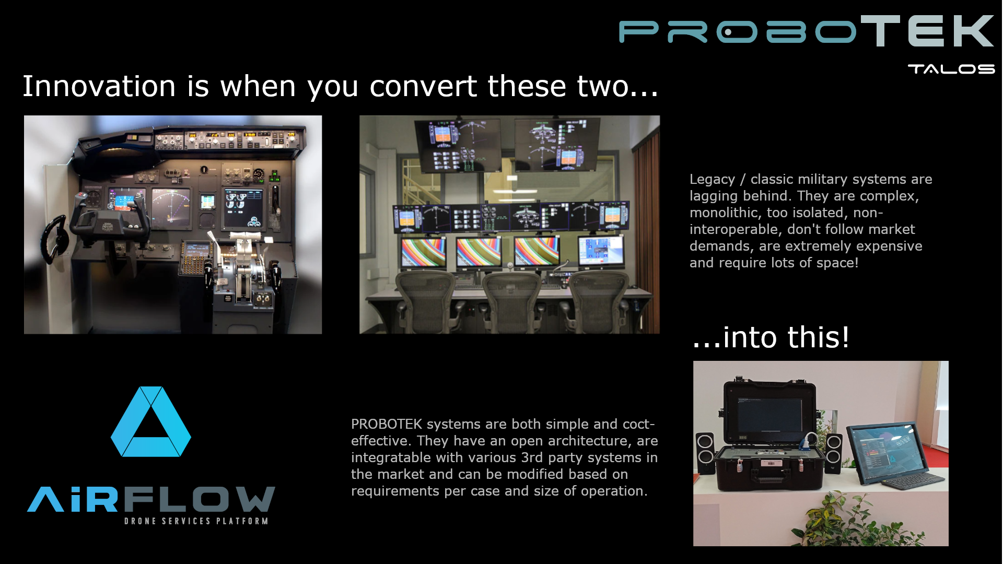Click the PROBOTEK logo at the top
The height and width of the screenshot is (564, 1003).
click(806, 31)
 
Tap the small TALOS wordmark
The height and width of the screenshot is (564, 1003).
click(951, 69)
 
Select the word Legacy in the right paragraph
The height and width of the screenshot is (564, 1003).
click(712, 179)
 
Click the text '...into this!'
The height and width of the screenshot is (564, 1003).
click(771, 337)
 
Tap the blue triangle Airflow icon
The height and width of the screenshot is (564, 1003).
click(151, 421)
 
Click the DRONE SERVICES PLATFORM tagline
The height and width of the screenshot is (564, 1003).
click(196, 521)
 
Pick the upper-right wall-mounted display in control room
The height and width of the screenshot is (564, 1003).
click(557, 145)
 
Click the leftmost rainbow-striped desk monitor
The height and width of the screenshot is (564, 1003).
click(423, 253)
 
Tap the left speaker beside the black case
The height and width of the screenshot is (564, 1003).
click(705, 453)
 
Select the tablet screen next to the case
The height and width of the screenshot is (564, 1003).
click(884, 448)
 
